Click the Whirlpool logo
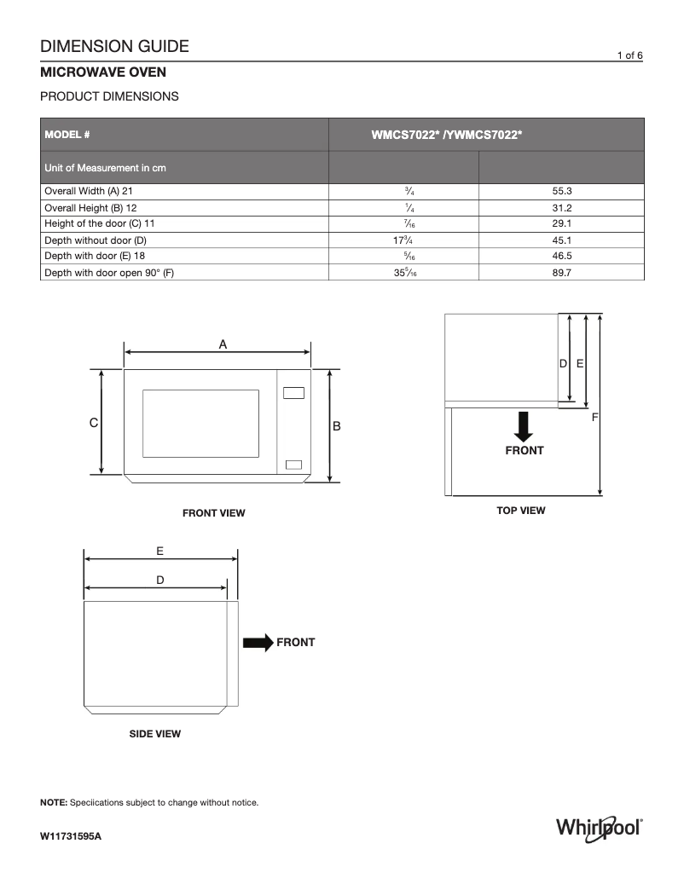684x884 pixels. click(599, 828)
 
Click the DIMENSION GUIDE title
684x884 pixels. click(114, 46)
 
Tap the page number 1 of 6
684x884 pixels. click(629, 55)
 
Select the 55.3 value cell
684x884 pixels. click(561, 192)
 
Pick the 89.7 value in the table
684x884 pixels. click(561, 273)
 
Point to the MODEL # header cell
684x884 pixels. click(67, 135)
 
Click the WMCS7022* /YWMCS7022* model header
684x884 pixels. click(446, 135)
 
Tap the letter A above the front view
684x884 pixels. click(223, 344)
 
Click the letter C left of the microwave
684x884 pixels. click(94, 423)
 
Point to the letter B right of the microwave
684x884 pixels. click(336, 425)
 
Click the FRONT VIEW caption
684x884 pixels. click(213, 513)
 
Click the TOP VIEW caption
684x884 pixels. click(520, 511)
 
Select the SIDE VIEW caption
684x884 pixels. click(154, 734)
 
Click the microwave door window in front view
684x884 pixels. click(200, 424)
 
